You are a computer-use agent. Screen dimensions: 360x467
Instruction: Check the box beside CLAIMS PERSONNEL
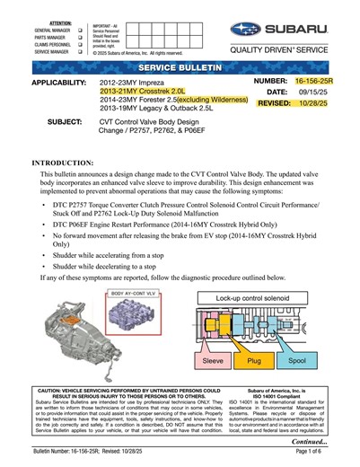(x=80, y=44)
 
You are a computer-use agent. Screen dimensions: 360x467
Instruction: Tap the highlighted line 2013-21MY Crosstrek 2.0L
(x=141, y=92)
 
